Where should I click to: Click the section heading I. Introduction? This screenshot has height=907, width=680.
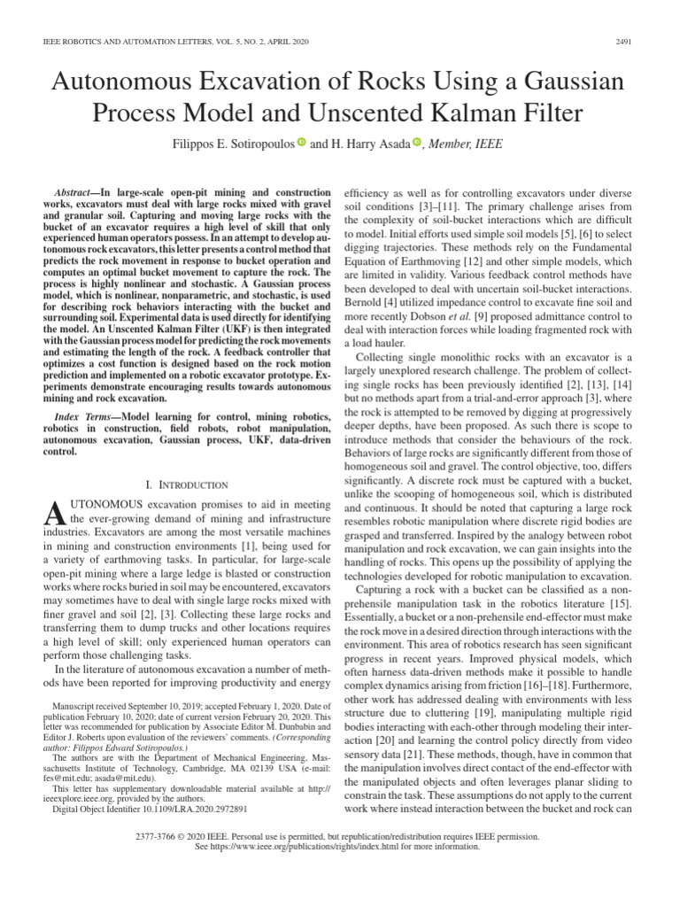click(185, 485)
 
